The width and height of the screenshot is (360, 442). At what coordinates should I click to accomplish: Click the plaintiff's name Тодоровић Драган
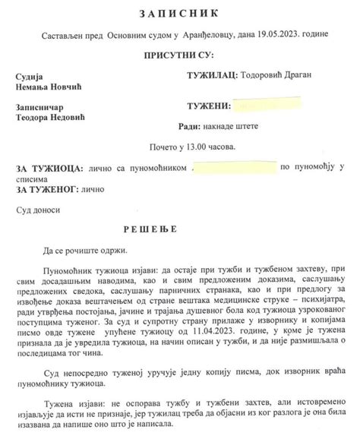(277, 76)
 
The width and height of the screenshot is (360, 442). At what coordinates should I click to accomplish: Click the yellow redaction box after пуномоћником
(234, 166)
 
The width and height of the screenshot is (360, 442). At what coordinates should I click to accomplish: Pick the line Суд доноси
(36, 209)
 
